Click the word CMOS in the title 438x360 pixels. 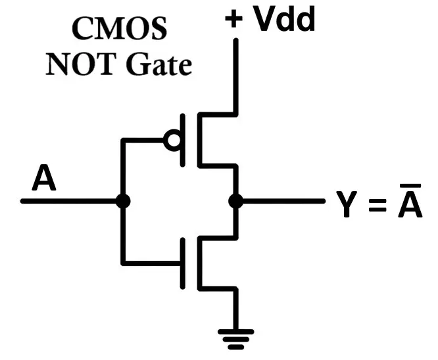pos(119,29)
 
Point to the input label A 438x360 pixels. pos(44,179)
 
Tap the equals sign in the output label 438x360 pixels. pos(376,205)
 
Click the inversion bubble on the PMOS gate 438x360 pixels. pos(173,140)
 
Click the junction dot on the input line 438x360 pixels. pos(122,201)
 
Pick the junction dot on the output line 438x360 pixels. pos(235,201)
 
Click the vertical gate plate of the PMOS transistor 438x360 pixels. pos(184,140)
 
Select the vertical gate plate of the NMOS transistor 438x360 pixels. pos(184,263)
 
